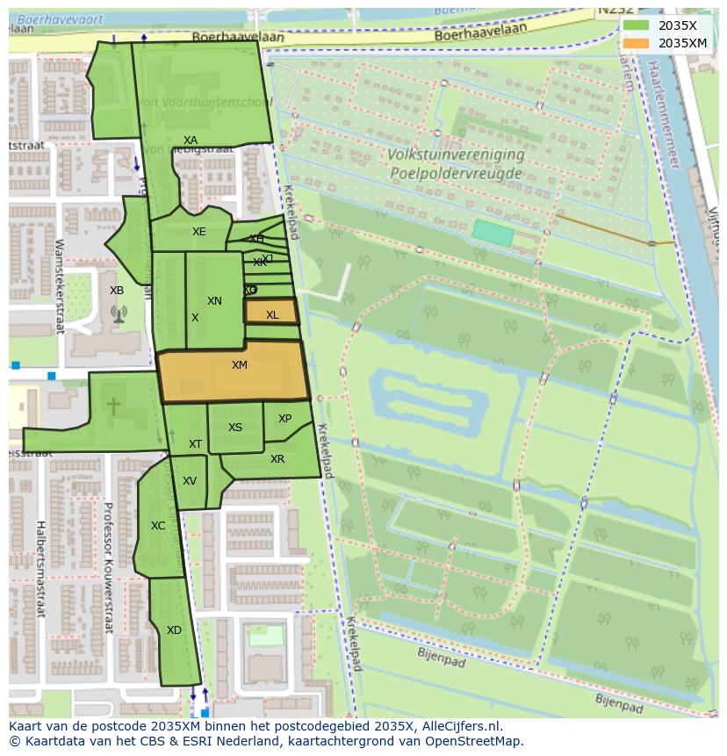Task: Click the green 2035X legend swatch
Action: click(637, 25)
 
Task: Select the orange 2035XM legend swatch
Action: click(637, 42)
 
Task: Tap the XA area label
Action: click(191, 140)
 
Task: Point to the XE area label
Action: click(199, 232)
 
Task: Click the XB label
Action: click(117, 291)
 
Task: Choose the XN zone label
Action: click(214, 301)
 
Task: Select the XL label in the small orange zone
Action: click(272, 315)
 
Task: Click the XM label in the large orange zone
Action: click(240, 365)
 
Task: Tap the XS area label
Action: click(235, 428)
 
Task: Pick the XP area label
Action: click(284, 419)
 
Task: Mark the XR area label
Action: click(277, 459)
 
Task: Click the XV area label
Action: click(190, 481)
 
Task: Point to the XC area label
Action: click(158, 526)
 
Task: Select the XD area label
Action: click(174, 630)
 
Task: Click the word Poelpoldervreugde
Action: click(457, 173)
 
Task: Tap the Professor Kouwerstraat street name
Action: click(108, 567)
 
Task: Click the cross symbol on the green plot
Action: click(113, 406)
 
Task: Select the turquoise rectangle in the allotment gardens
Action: click(493, 233)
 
